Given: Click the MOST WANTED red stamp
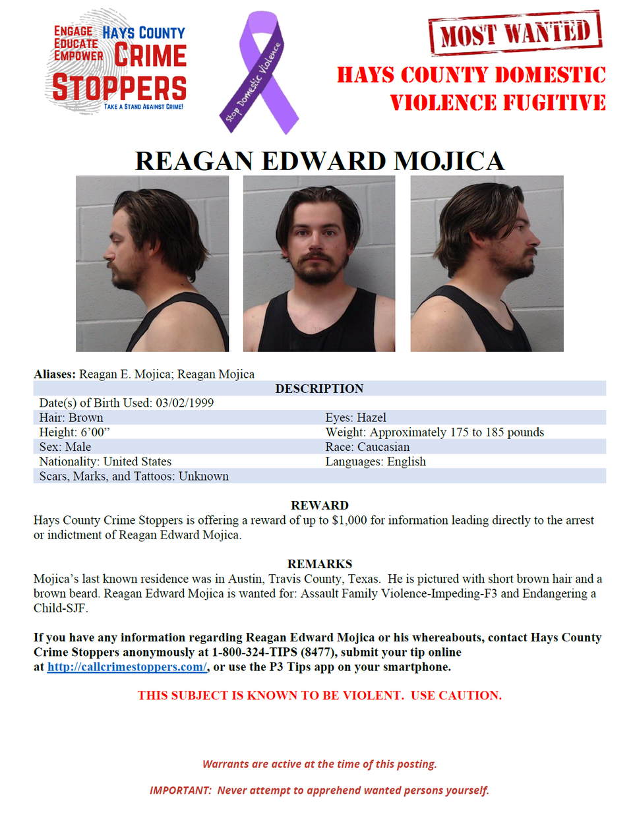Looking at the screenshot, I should coord(515,32).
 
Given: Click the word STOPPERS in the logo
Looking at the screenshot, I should coord(119,88).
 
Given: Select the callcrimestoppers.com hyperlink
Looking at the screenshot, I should coord(127,667).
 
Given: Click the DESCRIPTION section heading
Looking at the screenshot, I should coord(319,389).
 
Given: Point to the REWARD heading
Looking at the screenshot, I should coord(319,506).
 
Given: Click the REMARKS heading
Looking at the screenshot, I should coord(319,564).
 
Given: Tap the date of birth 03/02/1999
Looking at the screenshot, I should coord(185,403).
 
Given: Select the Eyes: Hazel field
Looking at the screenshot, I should coord(355,418).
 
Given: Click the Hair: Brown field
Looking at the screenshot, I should coord(71,418).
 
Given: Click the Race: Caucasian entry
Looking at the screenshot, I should coord(367,447).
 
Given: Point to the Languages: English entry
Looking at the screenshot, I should coord(375,461).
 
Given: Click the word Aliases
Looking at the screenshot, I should coord(55,374).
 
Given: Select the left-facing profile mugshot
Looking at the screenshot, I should coord(152,263).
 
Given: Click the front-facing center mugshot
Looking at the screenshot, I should coord(319,263).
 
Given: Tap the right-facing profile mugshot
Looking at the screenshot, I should coord(487,263).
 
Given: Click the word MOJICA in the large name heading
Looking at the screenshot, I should coord(449,161).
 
